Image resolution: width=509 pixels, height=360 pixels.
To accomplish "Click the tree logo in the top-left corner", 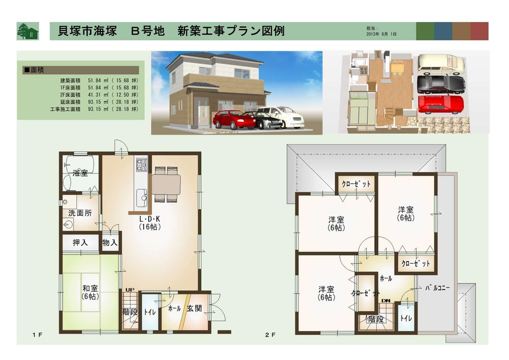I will coord(27,31).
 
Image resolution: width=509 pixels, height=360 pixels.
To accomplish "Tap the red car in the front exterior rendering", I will coord(233,120).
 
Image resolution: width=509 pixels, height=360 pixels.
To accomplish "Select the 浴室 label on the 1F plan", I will coord(80,173).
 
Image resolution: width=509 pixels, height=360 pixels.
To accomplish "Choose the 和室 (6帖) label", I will coord(90,292).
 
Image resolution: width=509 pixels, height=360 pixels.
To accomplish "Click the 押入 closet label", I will coord(81,243).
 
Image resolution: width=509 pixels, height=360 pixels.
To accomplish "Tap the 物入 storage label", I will coord(110,243).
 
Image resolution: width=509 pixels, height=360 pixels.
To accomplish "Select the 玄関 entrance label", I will coord(195,308).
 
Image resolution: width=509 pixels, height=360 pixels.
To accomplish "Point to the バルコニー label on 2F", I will coord(438,288).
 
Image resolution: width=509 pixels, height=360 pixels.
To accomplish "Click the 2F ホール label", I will coord(386,278).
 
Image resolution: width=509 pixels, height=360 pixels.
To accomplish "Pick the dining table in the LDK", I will coord(166,184).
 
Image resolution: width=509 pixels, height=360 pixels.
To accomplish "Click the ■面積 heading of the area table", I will coord(34,68).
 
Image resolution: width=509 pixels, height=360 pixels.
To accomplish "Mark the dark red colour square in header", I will coord(479,31).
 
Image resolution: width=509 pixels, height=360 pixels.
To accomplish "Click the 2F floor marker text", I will coord(270,335).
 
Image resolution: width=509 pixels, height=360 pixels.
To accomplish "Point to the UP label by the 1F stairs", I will coord(130,290).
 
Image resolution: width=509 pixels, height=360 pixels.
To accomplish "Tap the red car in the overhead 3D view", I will coord(441,104).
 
